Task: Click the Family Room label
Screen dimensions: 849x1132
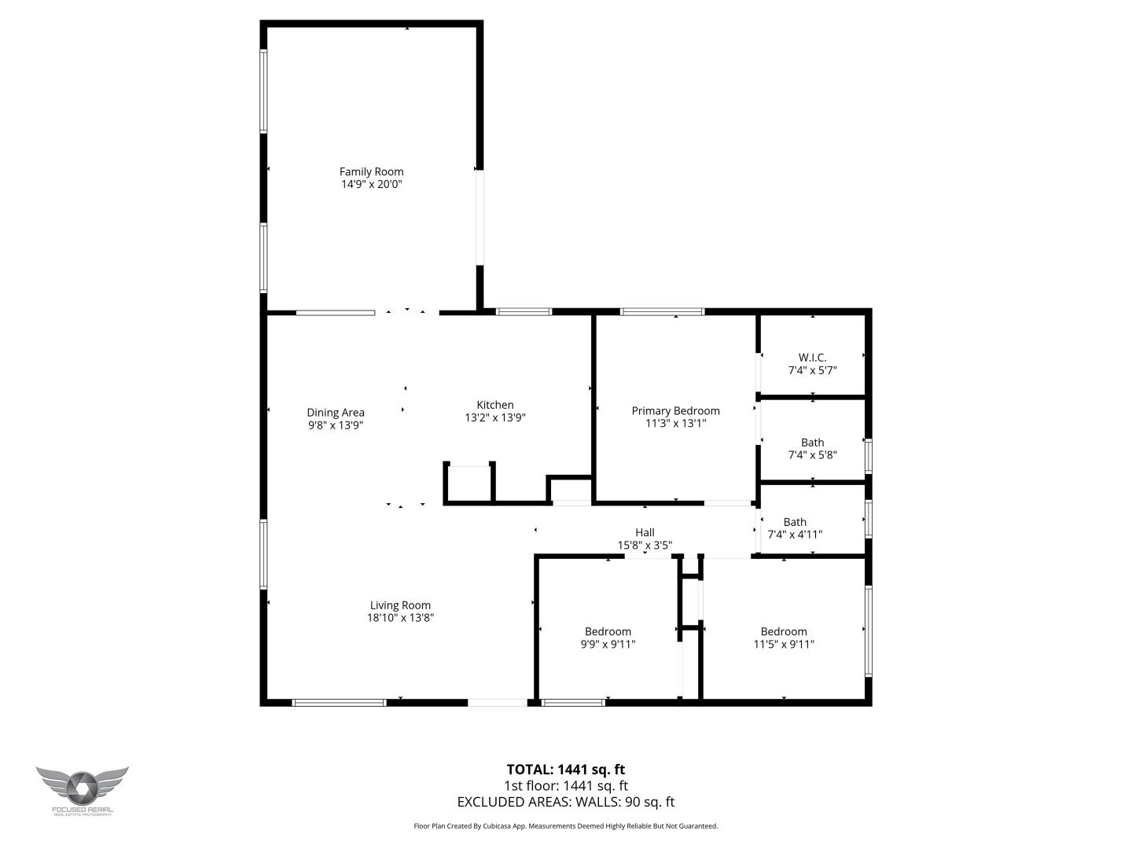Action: [x=371, y=171]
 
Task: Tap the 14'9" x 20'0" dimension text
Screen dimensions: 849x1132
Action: [x=371, y=184]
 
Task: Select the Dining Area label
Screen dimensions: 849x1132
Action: [x=336, y=412]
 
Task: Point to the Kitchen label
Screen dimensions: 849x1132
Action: [x=495, y=405]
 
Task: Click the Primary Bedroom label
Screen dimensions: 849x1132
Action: [x=675, y=410]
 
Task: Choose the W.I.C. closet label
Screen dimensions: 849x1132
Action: [x=812, y=357]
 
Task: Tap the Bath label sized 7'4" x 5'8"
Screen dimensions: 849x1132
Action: [x=812, y=443]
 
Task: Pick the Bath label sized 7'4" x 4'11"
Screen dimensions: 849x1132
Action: [x=795, y=522]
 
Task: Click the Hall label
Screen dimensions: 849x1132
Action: [x=645, y=532]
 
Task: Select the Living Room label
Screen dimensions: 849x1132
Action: [x=400, y=605]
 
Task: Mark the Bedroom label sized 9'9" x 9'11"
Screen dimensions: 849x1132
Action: [x=608, y=631]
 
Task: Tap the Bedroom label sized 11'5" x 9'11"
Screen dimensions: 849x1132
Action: [x=784, y=631]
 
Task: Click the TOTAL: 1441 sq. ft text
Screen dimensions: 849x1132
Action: [x=565, y=770]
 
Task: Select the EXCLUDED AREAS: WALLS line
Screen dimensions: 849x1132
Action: [x=565, y=802]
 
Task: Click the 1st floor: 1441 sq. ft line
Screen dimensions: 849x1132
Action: [x=565, y=785]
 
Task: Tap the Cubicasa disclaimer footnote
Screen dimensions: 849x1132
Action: [x=565, y=826]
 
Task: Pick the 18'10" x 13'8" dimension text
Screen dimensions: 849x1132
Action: [x=400, y=618]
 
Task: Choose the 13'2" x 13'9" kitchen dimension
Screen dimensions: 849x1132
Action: [x=495, y=417]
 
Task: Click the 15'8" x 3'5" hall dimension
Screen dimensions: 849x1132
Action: [x=645, y=545]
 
